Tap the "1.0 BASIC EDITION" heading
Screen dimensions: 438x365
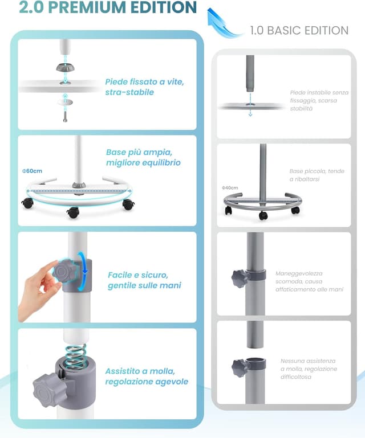tap(299, 30)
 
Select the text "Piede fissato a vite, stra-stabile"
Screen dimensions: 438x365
tap(144, 87)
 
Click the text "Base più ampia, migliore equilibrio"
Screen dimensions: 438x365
tap(143, 157)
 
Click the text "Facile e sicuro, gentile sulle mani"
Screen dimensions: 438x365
tap(144, 280)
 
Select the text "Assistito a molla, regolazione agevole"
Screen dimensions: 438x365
tap(147, 376)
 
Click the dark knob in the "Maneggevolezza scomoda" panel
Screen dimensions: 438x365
tap(240, 279)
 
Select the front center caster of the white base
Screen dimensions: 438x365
tap(72, 212)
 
